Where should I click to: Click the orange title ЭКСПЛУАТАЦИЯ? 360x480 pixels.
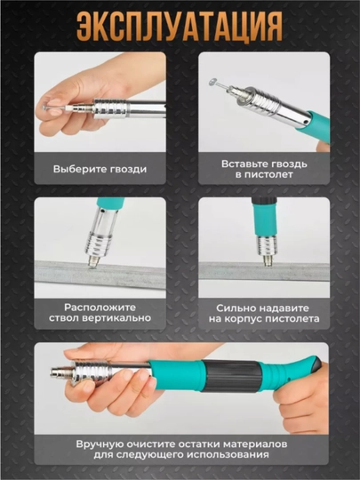point(180,27)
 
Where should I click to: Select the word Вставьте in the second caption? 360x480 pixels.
point(244,164)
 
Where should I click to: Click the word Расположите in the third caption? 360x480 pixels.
point(100,308)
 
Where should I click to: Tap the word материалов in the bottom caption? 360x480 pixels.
point(256,444)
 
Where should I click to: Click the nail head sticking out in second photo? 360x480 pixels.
point(212,82)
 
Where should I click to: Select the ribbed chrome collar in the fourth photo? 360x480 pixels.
point(265,246)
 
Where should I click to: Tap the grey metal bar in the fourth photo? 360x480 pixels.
point(264,270)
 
